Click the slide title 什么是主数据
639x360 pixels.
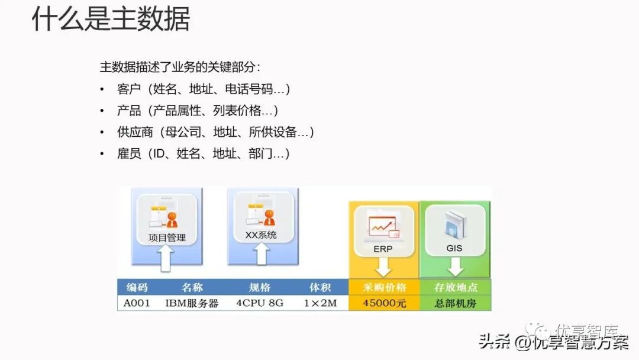pyautogui.click(x=111, y=19)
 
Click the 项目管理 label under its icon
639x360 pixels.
pyautogui.click(x=167, y=238)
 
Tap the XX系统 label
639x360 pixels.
pyautogui.click(x=261, y=235)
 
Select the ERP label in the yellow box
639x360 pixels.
pyautogui.click(x=383, y=249)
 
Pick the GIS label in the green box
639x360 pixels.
pyautogui.click(x=454, y=249)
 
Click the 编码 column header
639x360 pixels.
pyautogui.click(x=137, y=287)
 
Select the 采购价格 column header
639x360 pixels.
pyautogui.click(x=385, y=287)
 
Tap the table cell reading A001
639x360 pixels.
pyautogui.click(x=137, y=303)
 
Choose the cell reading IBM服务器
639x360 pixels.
pyautogui.click(x=192, y=303)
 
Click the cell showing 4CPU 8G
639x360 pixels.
pyautogui.click(x=260, y=303)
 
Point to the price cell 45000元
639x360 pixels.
pyautogui.click(x=385, y=303)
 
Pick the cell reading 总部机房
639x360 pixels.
pyautogui.click(x=455, y=303)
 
